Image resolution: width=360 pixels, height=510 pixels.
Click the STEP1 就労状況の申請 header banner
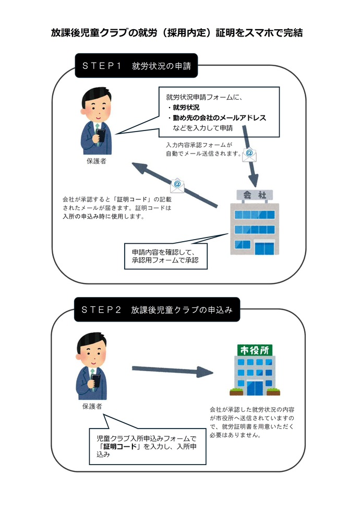coord(136,66)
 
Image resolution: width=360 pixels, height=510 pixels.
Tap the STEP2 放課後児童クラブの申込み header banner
coord(157,310)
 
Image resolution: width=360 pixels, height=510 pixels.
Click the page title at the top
coord(177,32)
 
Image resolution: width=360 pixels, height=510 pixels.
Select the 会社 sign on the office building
coord(254,195)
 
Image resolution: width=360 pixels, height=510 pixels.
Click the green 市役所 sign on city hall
coord(254,350)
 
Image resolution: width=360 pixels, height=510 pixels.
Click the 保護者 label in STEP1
coord(97,161)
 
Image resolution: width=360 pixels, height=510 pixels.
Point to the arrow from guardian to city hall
coord(172,371)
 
